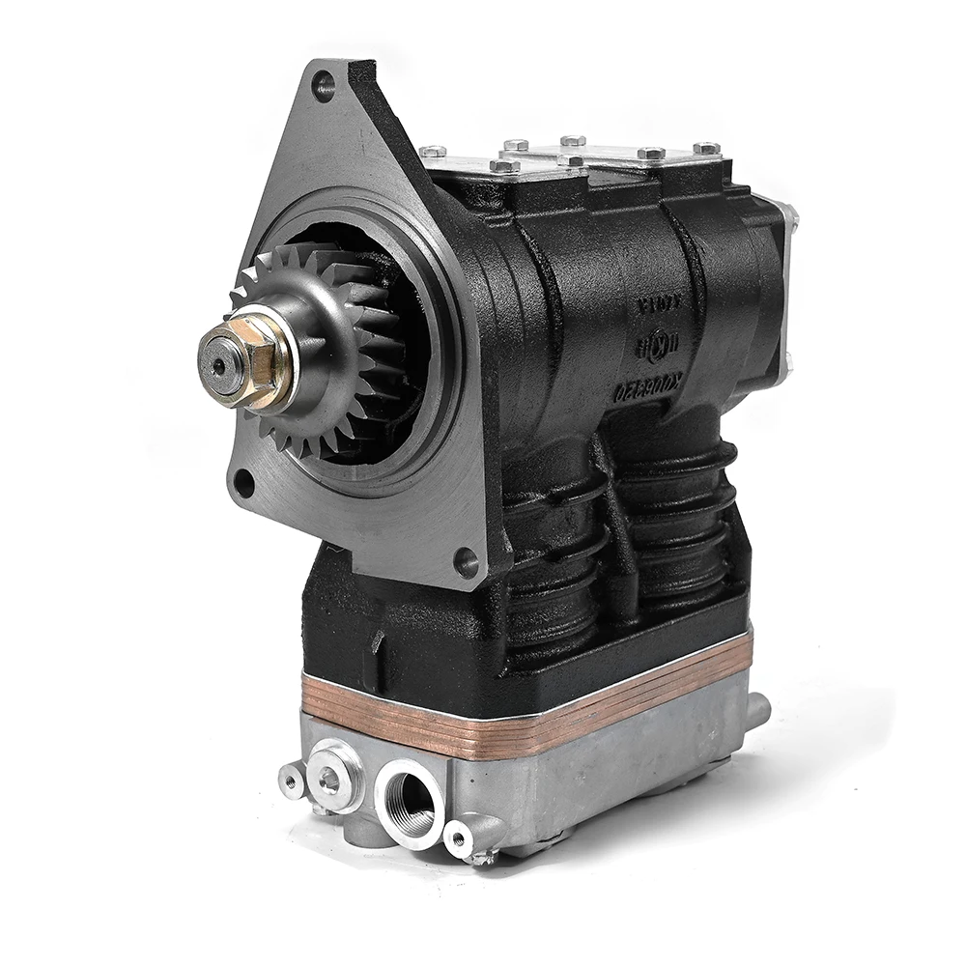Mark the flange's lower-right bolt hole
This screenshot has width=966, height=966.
467,559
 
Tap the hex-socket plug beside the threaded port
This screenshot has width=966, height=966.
330,778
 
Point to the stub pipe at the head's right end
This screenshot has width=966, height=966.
758,711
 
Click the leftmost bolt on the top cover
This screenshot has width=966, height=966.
433,152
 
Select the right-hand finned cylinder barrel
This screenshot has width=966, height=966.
681,522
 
